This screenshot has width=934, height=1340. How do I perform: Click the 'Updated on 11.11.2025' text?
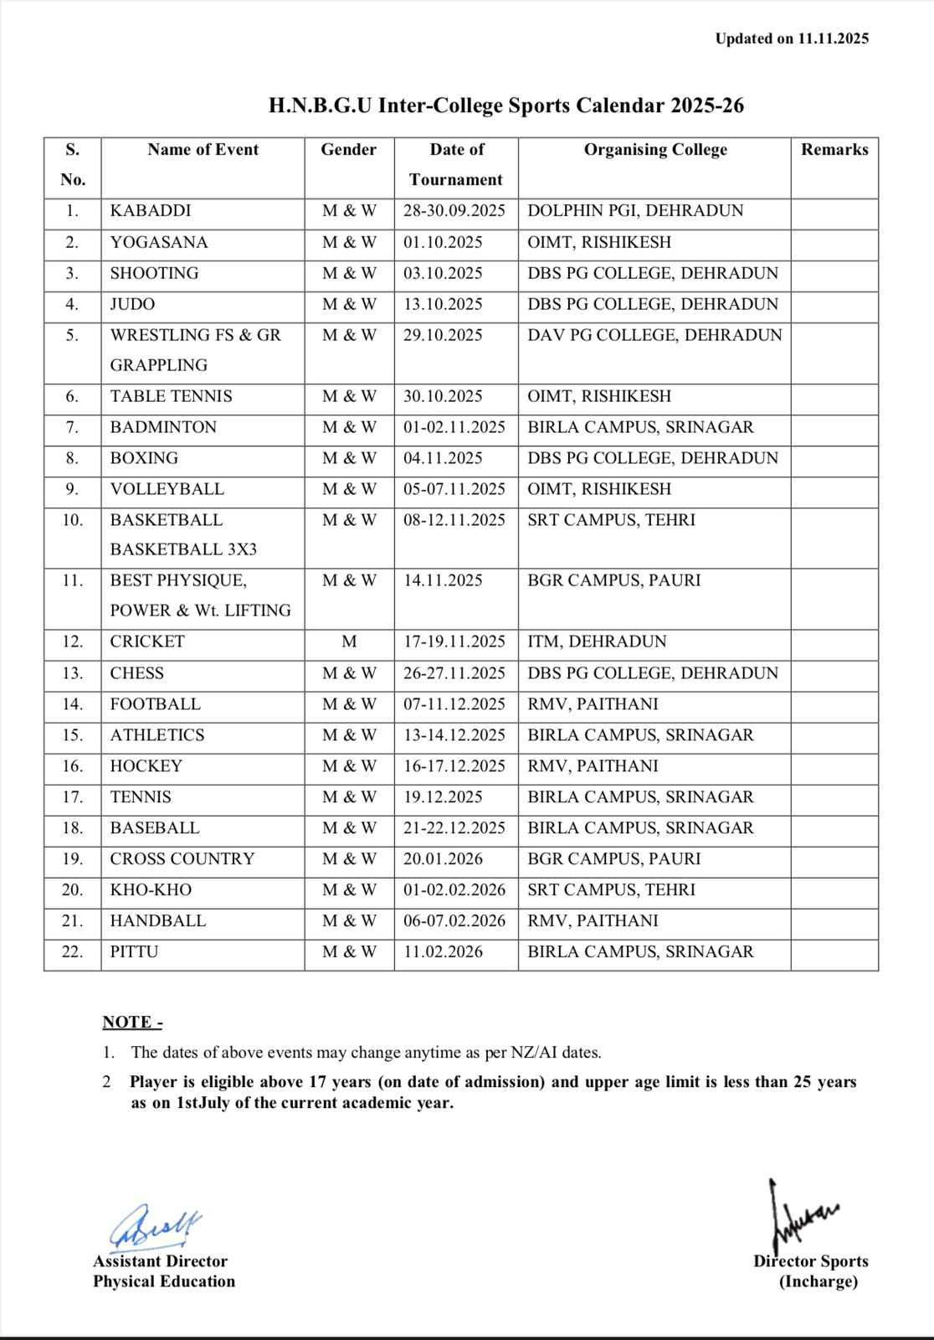coord(792,39)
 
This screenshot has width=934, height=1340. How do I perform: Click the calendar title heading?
coord(505,106)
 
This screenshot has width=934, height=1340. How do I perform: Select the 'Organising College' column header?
coord(655,150)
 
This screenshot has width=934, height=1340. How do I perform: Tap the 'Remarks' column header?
coord(834,150)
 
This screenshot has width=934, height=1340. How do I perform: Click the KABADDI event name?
coord(151,211)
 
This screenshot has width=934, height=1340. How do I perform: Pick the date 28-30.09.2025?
coord(454,211)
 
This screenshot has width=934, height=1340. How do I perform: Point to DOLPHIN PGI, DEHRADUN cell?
coord(635,211)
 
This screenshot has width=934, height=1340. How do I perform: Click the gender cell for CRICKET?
coord(349,642)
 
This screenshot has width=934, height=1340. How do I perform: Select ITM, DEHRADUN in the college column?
coord(597,642)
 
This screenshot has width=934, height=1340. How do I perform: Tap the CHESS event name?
coord(137,673)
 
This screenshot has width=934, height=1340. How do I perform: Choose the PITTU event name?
coord(134,952)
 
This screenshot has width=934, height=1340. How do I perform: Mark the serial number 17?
coord(73,797)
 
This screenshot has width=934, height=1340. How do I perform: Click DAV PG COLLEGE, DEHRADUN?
coord(654,335)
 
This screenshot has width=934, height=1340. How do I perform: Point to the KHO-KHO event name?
coord(151,890)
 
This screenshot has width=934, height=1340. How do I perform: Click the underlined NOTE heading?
coord(132,1022)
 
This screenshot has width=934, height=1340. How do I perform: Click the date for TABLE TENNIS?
coord(443,397)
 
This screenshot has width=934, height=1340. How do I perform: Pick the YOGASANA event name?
coord(159,243)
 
